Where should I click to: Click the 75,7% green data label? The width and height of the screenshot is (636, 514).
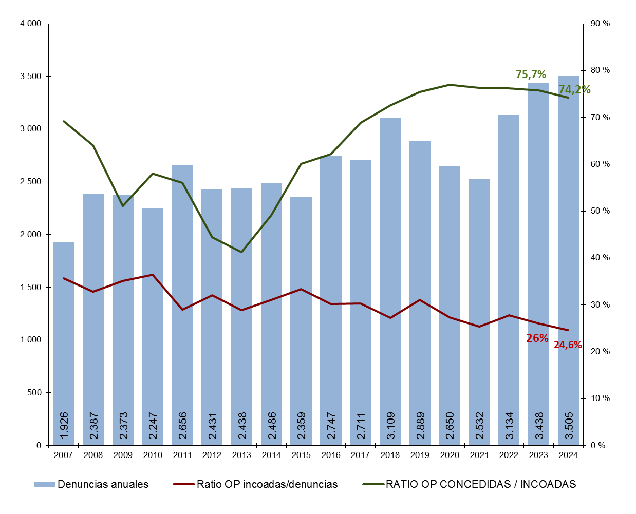531,74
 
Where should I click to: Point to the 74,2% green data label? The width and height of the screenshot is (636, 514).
574,89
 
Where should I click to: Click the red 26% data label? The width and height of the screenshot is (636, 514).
537,338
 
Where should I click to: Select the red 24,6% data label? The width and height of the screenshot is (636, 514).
568,345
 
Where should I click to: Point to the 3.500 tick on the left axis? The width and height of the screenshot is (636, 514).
30,77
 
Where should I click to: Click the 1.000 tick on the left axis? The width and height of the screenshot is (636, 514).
30,340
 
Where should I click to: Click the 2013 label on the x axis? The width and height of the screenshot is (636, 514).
241,455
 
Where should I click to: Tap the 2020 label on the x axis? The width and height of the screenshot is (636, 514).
450,455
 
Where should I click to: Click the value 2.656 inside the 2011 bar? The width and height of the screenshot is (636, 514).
182,425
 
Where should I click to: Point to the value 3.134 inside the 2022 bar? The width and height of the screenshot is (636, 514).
509,425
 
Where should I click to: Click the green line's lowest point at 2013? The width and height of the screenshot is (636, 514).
241,252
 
